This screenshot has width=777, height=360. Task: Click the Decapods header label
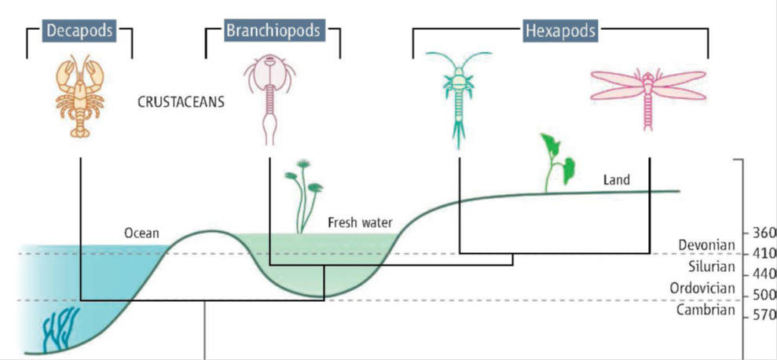[79, 31]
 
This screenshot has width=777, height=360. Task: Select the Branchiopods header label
[273, 31]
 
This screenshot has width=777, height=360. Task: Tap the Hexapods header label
[559, 31]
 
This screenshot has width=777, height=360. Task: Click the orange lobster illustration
[81, 97]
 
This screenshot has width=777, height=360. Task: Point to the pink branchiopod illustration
[269, 98]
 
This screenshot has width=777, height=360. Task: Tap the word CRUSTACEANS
[181, 102]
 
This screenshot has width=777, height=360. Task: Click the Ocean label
[141, 233]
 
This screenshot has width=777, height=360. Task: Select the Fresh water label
[360, 223]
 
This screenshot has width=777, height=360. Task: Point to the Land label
[616, 180]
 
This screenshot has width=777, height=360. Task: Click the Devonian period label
[706, 245]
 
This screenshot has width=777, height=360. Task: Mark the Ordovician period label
[702, 288]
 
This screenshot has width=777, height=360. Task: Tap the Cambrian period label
[706, 310]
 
